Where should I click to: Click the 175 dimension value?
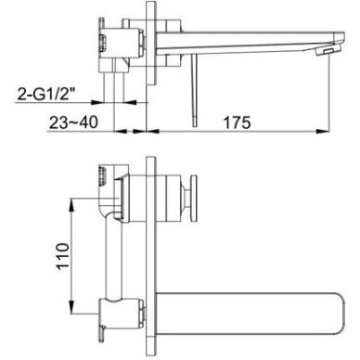tap(238, 122)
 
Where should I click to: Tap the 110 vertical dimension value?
tap(63, 256)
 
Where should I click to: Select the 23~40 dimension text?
tap(73, 122)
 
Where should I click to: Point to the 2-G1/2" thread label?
tap(46, 94)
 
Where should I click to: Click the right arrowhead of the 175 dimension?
tap(322, 132)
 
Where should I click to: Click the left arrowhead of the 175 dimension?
tap(152, 132)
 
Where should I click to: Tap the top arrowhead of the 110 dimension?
tap(71, 205)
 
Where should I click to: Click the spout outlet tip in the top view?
tap(328, 50)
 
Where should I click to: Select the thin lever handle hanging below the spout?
tap(194, 90)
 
